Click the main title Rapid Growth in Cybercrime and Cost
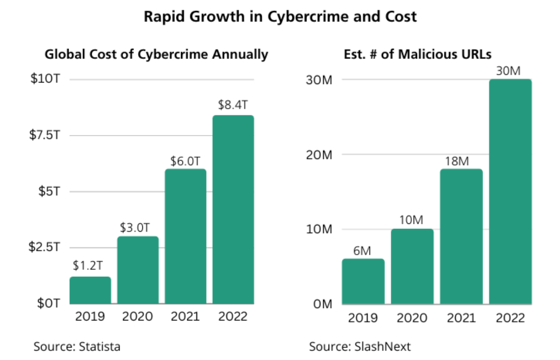(280, 17)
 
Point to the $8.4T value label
(233, 105)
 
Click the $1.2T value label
(88, 266)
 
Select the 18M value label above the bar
(457, 161)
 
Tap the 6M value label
(362, 251)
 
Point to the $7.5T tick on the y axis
(45, 135)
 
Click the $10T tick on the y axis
(45, 78)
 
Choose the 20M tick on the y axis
(319, 155)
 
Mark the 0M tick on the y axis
(322, 304)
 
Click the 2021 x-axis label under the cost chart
(185, 316)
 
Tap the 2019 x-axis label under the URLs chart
(362, 318)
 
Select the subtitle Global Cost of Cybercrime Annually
(156, 54)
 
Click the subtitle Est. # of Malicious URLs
(417, 54)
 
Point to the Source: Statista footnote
(77, 346)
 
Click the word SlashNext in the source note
(382, 346)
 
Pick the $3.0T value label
(135, 228)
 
